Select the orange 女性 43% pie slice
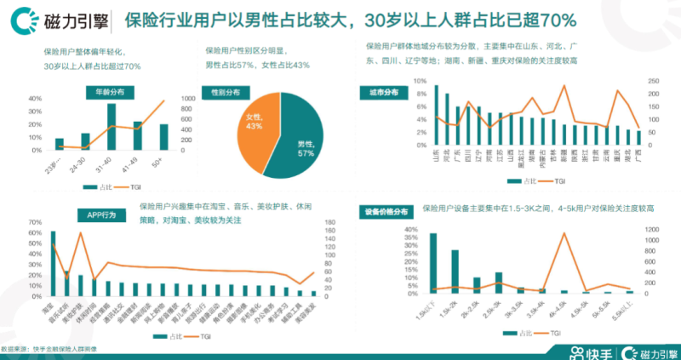tap(251, 128)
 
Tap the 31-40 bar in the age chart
tap(112, 126)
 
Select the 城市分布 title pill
tap(384, 90)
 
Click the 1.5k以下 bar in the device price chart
tap(433, 264)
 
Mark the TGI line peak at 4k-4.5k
tap(564, 233)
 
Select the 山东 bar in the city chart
tap(437, 116)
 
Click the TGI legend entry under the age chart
tap(134, 186)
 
